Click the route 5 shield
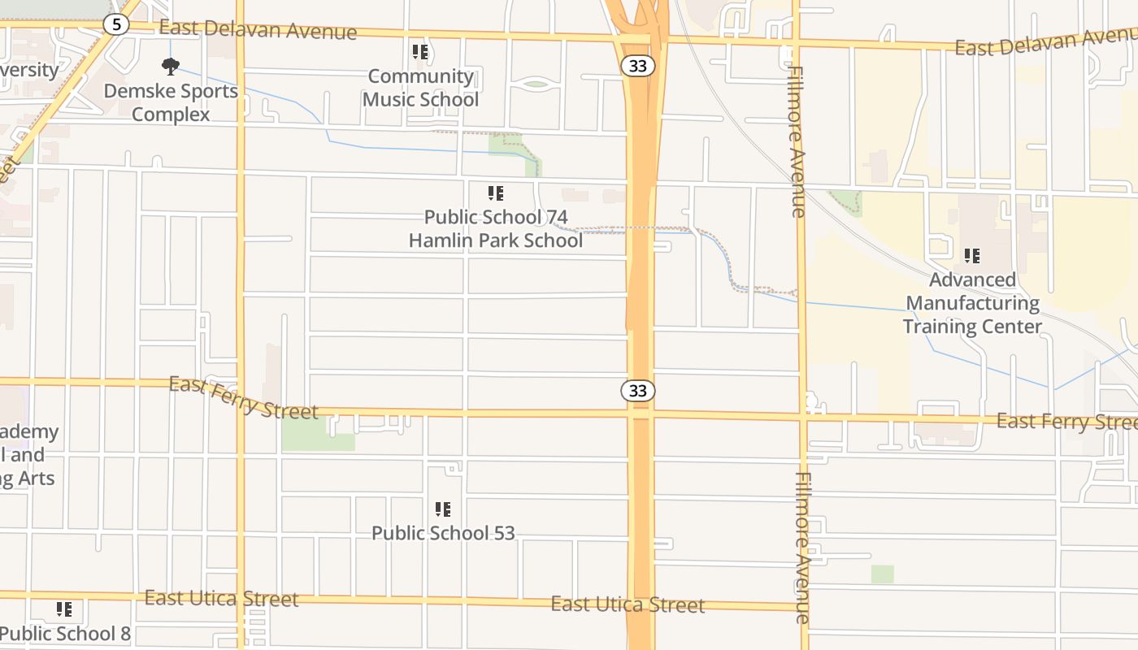point(116,24)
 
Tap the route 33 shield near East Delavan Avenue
point(638,66)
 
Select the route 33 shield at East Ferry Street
point(638,391)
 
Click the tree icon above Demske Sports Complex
point(171,66)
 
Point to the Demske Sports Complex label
point(171,102)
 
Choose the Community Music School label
point(420,88)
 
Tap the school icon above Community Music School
point(420,53)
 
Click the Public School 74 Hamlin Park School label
point(496,228)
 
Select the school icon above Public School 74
point(496,193)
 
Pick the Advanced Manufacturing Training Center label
point(972,303)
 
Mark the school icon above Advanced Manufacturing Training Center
point(972,256)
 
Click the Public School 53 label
point(443,533)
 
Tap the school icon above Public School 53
point(443,509)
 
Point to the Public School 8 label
point(65,633)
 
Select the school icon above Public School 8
point(64,609)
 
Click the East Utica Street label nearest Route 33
point(628,604)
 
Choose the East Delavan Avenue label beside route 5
point(258,30)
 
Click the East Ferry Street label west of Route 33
point(243,398)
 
